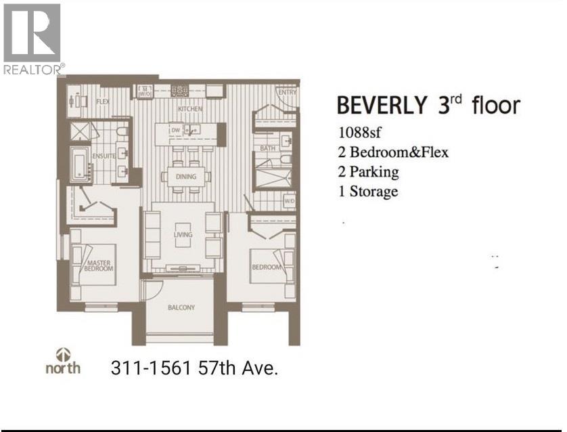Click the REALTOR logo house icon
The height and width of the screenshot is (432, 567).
click(x=32, y=33)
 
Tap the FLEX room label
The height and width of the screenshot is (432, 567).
click(x=103, y=102)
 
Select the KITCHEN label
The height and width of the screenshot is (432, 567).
click(x=190, y=108)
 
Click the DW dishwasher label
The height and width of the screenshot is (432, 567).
click(x=176, y=130)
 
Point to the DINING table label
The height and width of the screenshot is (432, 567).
click(x=186, y=177)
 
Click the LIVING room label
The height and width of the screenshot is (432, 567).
click(x=183, y=234)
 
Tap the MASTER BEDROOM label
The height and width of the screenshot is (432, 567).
click(x=99, y=265)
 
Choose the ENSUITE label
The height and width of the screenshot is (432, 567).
click(x=104, y=156)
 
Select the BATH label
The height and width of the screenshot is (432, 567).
click(x=267, y=148)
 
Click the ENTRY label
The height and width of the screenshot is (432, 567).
click(x=288, y=92)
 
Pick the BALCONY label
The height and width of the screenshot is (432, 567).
click(x=181, y=307)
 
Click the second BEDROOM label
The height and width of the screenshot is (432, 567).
click(x=267, y=267)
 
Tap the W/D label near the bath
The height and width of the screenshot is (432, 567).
click(x=290, y=201)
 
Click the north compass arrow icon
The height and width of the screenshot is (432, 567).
click(x=64, y=354)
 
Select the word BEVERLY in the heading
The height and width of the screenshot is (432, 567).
click(x=382, y=105)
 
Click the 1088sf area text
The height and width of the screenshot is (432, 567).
click(x=359, y=133)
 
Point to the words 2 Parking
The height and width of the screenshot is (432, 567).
click(x=369, y=172)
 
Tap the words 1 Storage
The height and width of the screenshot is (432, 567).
click(x=368, y=192)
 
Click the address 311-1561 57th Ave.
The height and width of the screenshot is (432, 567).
click(x=195, y=368)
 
